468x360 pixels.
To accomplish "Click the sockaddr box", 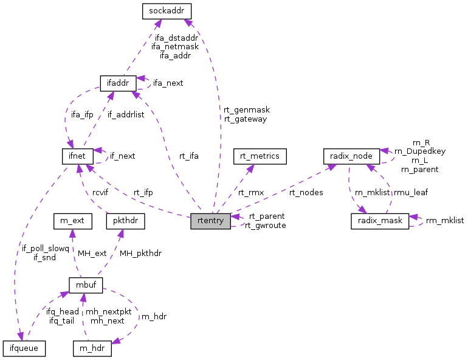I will (167, 10).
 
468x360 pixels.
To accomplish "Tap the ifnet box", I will (77, 156).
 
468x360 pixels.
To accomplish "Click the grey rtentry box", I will (210, 221).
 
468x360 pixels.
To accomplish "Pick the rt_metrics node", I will (260, 156).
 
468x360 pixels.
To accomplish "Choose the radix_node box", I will (351, 156).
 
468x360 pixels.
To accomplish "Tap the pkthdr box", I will (126, 221).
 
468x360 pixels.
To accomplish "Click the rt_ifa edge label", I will (188, 156).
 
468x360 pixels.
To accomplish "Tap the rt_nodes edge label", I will (306, 192).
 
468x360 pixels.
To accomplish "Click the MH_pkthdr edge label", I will (140, 253).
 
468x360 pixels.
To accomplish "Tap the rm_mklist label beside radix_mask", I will (444, 221).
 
